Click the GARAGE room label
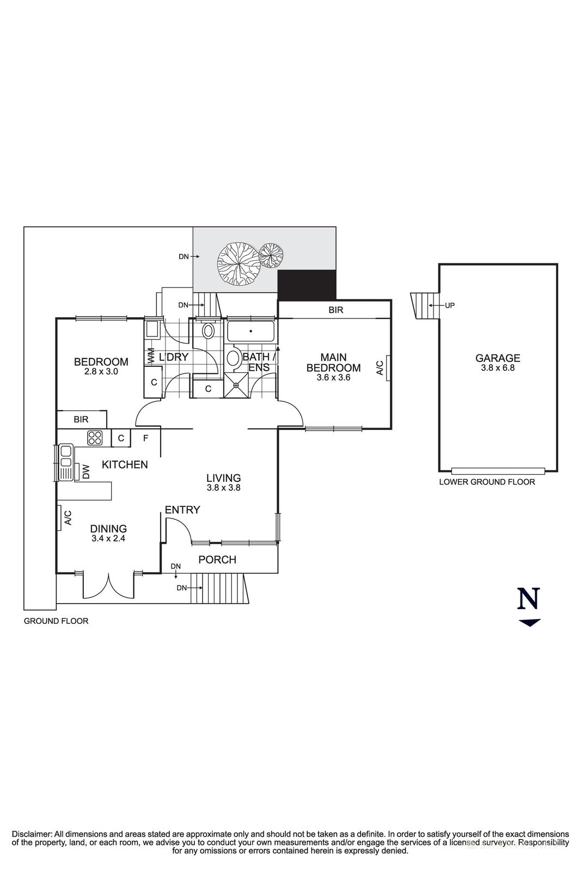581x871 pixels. [498, 358]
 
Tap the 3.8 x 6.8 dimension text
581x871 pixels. [498, 368]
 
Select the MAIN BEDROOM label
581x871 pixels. [333, 363]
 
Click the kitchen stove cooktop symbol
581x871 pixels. [95, 437]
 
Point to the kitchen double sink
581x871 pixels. [66, 462]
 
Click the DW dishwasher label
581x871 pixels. [86, 471]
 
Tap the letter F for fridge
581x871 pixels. [145, 438]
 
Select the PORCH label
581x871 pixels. [217, 560]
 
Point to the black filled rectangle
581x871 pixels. [307, 284]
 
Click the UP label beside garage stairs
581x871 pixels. [450, 305]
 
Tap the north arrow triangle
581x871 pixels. [529, 623]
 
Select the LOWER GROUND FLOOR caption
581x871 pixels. [487, 482]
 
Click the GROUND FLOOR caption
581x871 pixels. [56, 621]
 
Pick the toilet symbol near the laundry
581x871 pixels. [208, 332]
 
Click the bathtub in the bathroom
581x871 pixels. [251, 330]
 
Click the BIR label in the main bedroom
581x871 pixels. [336, 310]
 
